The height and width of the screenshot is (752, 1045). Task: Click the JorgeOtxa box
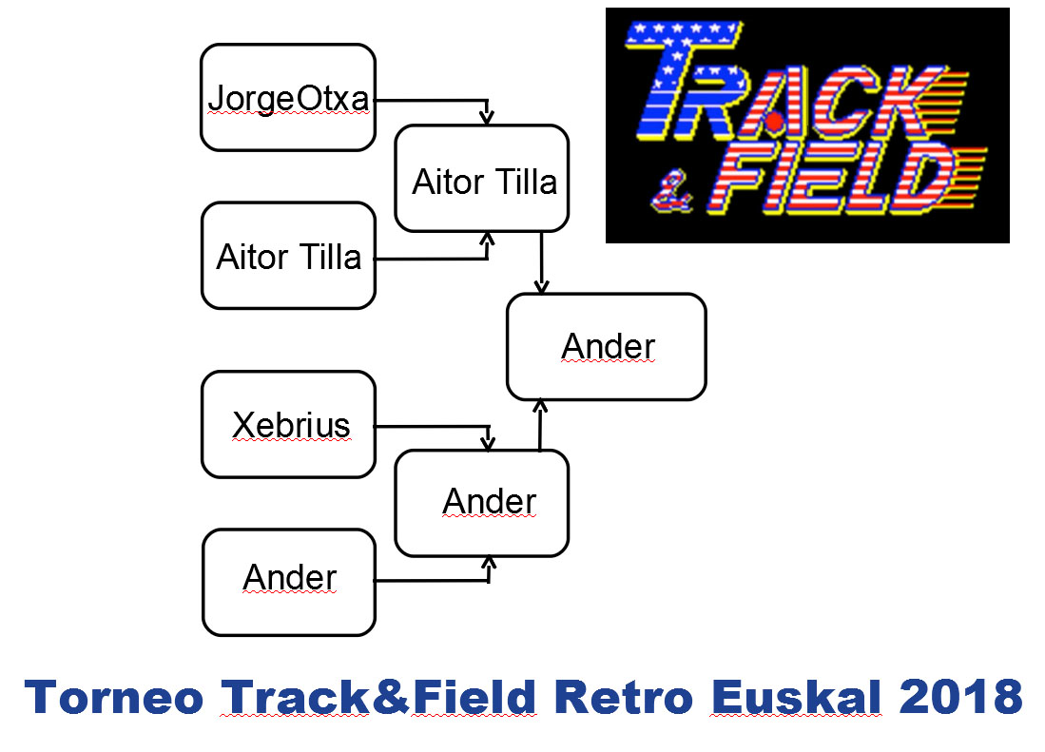coord(288,97)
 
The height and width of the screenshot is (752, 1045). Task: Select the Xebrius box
coord(288,424)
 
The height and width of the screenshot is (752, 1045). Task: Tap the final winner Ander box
coord(607,346)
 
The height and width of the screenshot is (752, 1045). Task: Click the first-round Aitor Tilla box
coord(288,256)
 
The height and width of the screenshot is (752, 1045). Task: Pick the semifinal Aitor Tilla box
coord(482,179)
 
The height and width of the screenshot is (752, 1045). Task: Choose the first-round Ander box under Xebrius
coord(289,582)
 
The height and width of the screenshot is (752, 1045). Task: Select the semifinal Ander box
coord(482,503)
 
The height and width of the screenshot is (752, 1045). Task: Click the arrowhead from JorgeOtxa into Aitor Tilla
coord(487,116)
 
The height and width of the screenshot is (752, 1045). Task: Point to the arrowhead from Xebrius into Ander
coord(488,442)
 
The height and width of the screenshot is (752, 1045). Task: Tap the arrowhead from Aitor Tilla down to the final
coord(541,286)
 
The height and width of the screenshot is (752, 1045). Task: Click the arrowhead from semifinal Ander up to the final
coord(540,407)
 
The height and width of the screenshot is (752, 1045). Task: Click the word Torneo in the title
coord(113,698)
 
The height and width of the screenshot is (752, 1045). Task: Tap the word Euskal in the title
coord(797,698)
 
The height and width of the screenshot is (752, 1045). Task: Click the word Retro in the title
coord(625,698)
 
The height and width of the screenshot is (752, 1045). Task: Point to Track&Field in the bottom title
coord(378,698)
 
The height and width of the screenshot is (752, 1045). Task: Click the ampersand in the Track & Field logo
coord(671,192)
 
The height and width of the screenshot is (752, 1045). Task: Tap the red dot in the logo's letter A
coord(774,122)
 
